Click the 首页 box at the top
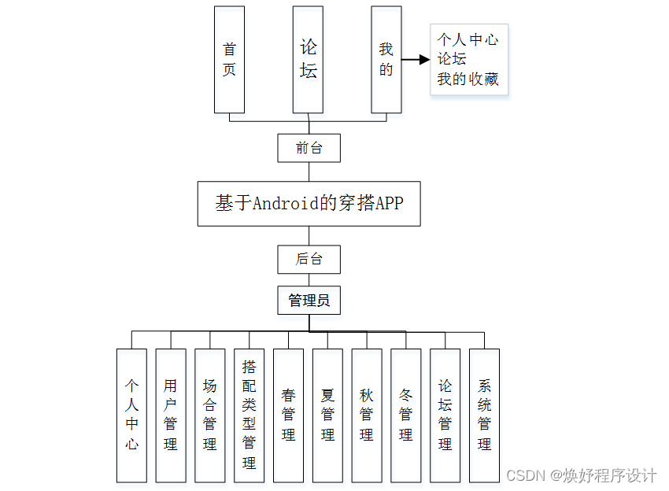[x=229, y=60]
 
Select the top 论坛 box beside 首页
[x=308, y=60]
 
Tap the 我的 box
[x=386, y=60]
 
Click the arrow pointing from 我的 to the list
[x=416, y=59]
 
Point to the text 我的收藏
[x=468, y=79]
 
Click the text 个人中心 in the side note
[x=468, y=39]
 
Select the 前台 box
[x=309, y=147]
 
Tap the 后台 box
[x=309, y=259]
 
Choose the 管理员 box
[x=309, y=300]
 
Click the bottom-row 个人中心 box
[x=131, y=415]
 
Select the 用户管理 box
[x=171, y=415]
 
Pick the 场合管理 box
[x=210, y=415]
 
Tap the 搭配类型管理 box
[x=249, y=415]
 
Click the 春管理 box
[x=288, y=415]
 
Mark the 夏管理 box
[x=327, y=415]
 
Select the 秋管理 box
[x=367, y=415]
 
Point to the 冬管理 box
[x=405, y=415]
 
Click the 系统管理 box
[x=484, y=415]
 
